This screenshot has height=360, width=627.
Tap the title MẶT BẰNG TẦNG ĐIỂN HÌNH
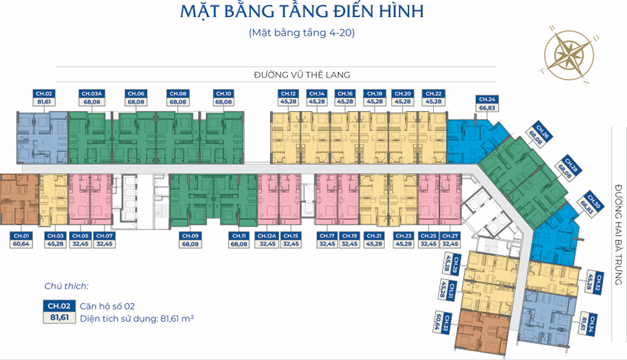[302, 12]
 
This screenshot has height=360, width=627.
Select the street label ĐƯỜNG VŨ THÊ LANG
[302, 75]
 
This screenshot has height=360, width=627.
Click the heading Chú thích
[66, 286]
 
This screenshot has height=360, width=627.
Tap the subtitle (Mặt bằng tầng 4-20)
[302, 32]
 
